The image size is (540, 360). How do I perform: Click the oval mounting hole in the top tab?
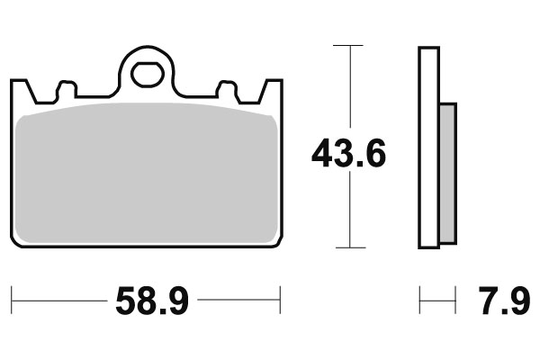[145, 75]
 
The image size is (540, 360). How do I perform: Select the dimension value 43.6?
[348, 155]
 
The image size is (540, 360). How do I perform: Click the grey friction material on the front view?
[146, 171]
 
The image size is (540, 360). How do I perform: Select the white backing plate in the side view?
[428, 148]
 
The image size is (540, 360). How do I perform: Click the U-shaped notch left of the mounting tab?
[65, 91]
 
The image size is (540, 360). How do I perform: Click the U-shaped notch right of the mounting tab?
[227, 91]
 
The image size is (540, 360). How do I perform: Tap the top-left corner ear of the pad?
[19, 89]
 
